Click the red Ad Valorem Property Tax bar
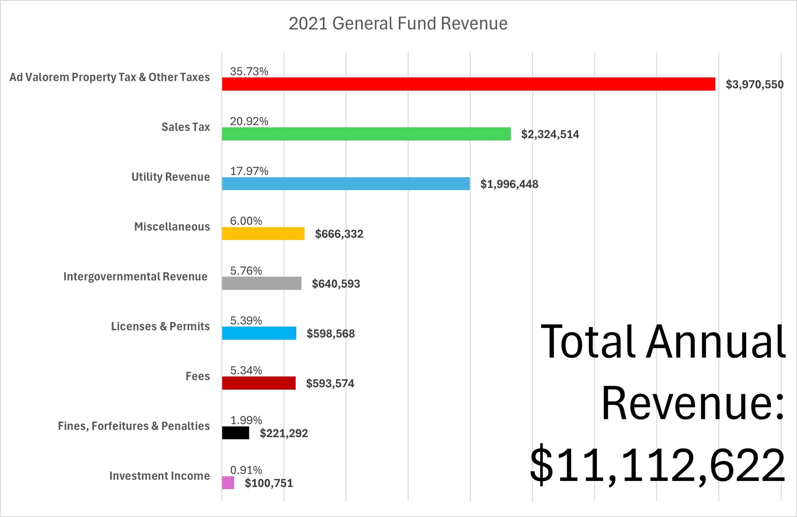pos(468,84)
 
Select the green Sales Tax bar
pos(366,134)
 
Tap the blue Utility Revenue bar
pos(345,184)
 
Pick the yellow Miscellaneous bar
pos(263,234)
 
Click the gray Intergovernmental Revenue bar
pos(261,283)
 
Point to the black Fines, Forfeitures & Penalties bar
pos(235,433)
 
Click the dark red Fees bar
pos(258,383)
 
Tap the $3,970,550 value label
pos(754,84)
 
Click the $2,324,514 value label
pos(550,134)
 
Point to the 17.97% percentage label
pos(249,171)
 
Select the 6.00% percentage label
pos(246,221)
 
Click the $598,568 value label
pos(330,334)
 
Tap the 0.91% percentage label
pos(246,470)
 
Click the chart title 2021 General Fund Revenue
pos(398,23)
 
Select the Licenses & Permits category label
pos(160,326)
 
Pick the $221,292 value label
pos(284,433)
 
